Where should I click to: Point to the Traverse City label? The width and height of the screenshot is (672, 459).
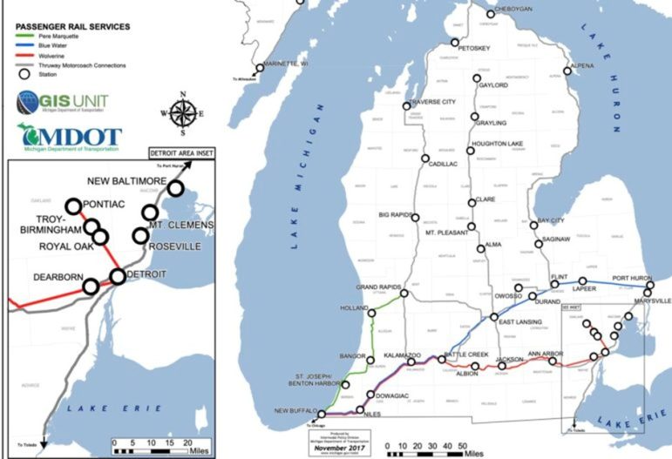pos(429,101)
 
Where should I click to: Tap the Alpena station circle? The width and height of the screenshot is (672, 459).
pos(567,71)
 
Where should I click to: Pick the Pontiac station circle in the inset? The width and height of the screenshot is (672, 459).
pos(74,206)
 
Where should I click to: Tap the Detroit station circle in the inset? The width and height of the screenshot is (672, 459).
pos(118,277)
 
